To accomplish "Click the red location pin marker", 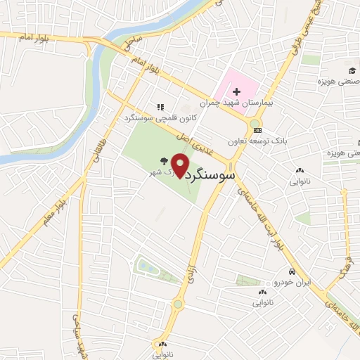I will pyautogui.click(x=181, y=166).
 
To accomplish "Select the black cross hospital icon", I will pyautogui.click(x=236, y=91).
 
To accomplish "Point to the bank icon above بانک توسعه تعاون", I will pyautogui.click(x=257, y=129).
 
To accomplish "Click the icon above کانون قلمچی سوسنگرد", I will pyautogui.click(x=160, y=107).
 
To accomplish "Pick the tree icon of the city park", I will pyautogui.click(x=164, y=160).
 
